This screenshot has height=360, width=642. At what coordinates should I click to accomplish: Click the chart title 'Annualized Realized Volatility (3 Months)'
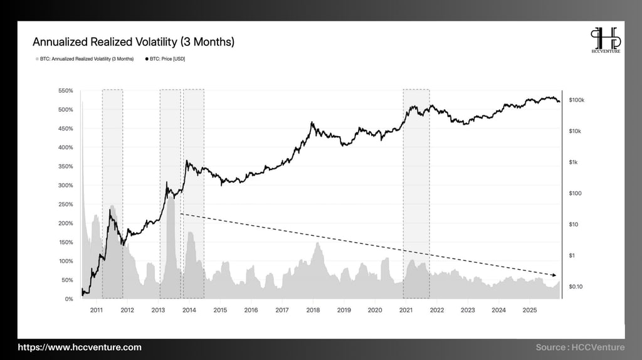[x=134, y=42]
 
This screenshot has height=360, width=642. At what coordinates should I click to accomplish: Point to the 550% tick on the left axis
[x=65, y=91]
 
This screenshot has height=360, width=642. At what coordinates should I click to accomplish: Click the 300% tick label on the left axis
[x=65, y=186]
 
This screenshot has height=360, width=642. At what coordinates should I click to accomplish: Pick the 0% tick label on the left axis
[x=69, y=299]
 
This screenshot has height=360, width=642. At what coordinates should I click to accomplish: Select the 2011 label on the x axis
[x=97, y=310]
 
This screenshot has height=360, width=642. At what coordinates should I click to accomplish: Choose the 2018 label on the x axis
[x=313, y=310]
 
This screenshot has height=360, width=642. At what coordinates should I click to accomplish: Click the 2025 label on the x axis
[x=530, y=310]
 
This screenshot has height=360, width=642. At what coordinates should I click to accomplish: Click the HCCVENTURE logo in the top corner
[x=605, y=41]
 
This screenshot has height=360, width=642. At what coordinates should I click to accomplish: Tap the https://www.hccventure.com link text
[x=80, y=347]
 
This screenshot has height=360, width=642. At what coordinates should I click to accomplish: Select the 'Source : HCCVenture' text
[x=580, y=347]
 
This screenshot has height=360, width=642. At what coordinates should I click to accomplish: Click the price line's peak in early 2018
[x=312, y=123]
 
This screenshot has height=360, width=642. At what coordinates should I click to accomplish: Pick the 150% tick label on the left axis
[x=65, y=242]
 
